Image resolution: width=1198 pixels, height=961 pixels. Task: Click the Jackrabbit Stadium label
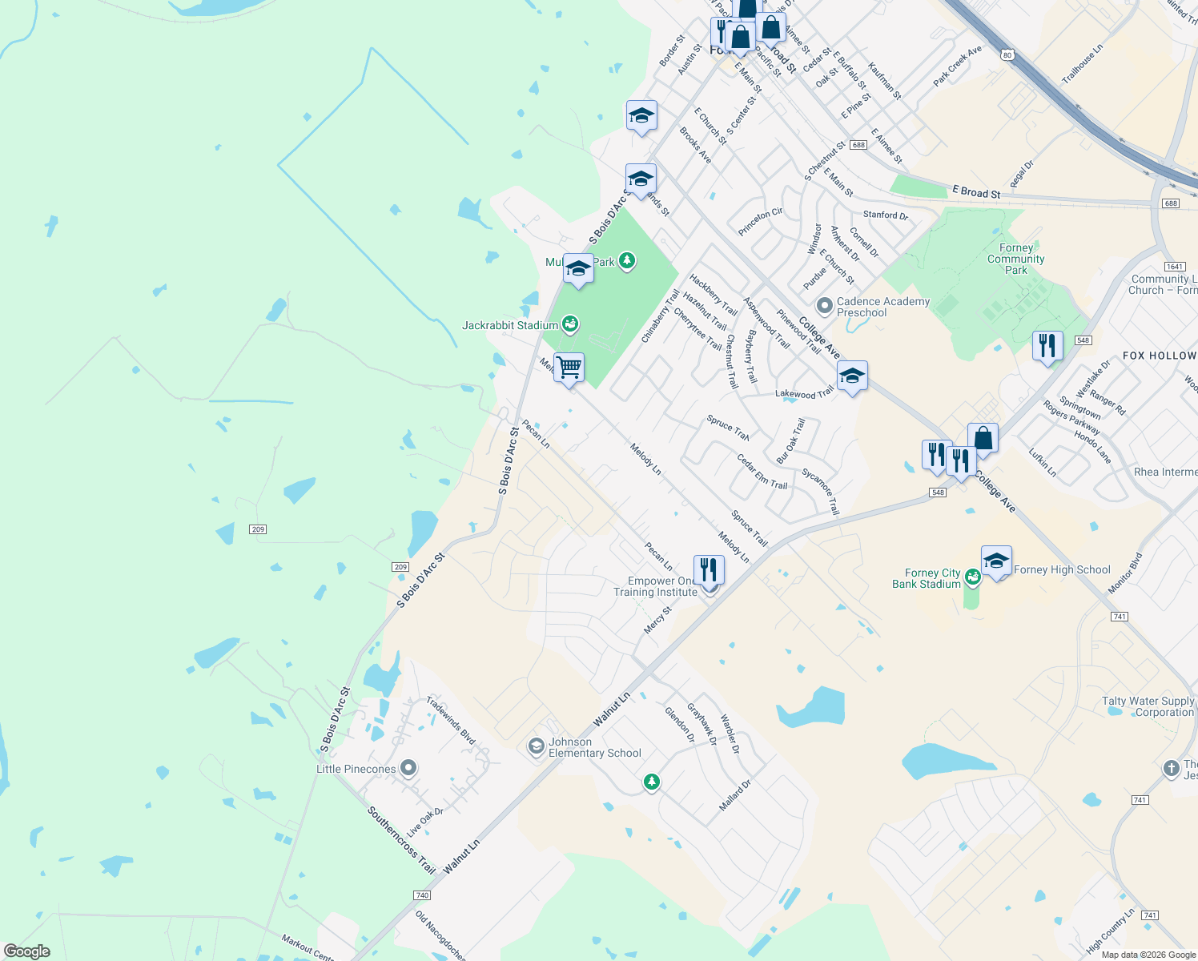[510, 325]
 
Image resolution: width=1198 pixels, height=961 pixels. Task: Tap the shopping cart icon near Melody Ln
[569, 368]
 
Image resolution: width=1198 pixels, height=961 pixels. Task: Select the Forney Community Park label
[1015, 259]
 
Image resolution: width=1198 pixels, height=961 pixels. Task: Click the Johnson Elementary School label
[594, 747]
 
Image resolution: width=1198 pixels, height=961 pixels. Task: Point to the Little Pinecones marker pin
[408, 769]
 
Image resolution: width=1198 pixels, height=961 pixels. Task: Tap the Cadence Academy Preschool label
[882, 307]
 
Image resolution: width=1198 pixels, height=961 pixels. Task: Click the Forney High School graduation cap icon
[996, 561]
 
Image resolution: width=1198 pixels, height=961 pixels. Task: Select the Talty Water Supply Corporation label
[1148, 706]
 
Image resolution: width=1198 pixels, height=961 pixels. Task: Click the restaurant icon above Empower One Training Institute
[709, 570]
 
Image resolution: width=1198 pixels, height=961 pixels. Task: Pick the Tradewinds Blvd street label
[450, 721]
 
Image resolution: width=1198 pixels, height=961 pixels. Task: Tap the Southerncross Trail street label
[401, 840]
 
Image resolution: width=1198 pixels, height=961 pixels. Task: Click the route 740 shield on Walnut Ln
[422, 895]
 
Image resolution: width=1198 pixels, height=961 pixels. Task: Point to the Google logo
[27, 951]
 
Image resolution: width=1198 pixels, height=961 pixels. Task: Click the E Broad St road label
[976, 192]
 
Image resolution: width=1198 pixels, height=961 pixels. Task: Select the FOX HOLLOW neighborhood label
[1159, 356]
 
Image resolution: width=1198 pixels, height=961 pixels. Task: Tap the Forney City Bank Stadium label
[927, 578]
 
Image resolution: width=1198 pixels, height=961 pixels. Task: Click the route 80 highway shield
[1007, 54]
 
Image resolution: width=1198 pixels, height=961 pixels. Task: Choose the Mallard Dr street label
[734, 795]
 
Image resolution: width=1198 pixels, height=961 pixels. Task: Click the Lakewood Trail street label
[804, 392]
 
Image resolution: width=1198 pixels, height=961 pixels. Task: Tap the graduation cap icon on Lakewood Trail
[852, 376]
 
